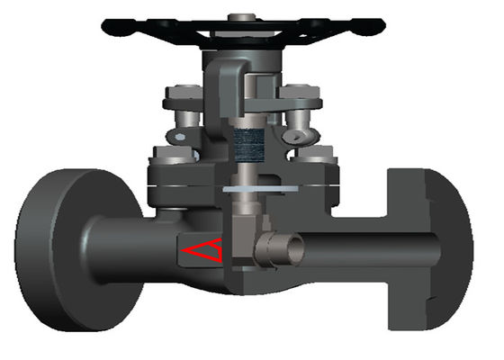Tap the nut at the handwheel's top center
pyautogui.click(x=240, y=17)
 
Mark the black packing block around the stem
pyautogui.click(x=245, y=143)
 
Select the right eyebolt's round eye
pyautogui.click(x=297, y=135)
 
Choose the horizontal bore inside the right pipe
pyautogui.click(x=360, y=246)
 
